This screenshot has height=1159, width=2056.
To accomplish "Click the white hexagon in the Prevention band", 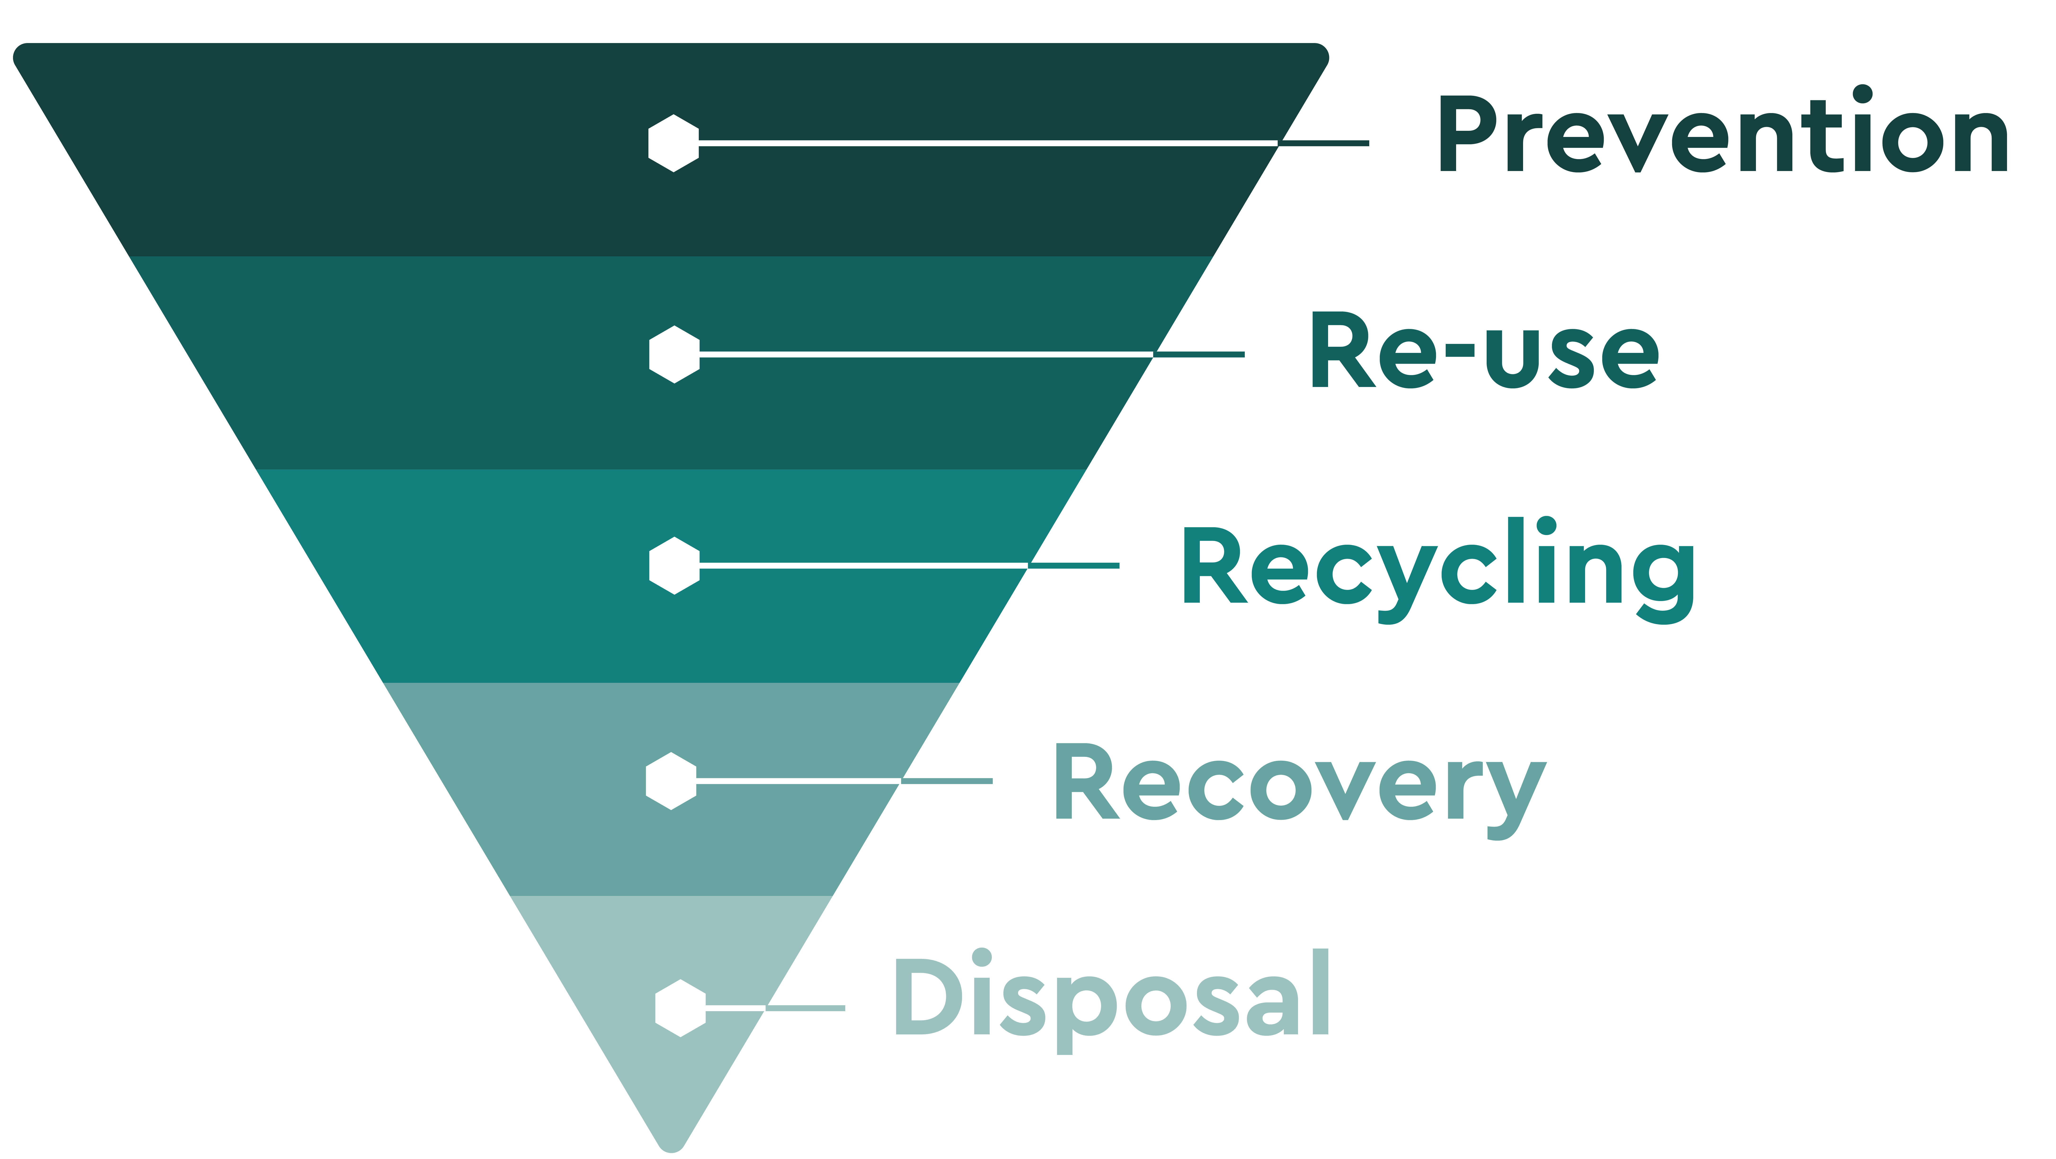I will (674, 144).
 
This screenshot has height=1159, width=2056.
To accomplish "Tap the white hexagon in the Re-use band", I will (674, 354).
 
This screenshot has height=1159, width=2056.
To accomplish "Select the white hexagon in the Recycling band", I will (674, 566).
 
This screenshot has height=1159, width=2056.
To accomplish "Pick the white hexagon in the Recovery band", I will (671, 781).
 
